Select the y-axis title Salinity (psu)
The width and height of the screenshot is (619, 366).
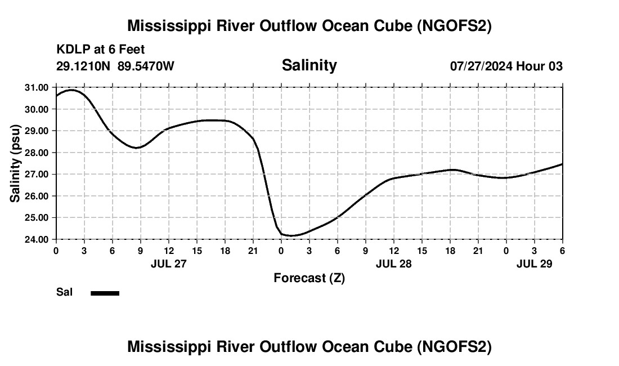[15, 163]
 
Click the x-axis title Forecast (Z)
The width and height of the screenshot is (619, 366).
[309, 278]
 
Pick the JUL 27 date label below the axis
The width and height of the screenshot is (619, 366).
[168, 264]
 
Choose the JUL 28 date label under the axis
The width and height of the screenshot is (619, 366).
[393, 264]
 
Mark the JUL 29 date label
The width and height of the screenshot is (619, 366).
[534, 264]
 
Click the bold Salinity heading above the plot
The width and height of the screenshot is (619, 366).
[309, 65]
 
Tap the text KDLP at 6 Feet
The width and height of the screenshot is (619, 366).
[101, 50]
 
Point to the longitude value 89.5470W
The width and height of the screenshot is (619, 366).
[146, 66]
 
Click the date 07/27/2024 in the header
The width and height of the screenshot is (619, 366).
[481, 66]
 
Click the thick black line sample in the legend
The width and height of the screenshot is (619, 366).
[105, 293]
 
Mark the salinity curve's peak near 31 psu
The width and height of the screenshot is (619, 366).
[71, 90]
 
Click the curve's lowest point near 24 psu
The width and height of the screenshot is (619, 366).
[291, 235]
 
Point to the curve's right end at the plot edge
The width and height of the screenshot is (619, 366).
[562, 164]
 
